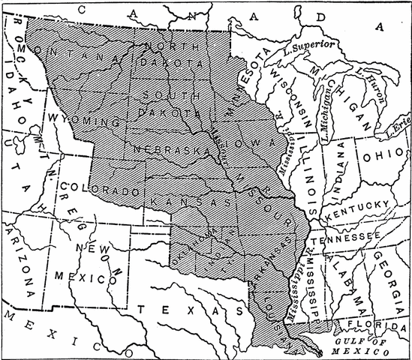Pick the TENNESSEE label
coord(352,237)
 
